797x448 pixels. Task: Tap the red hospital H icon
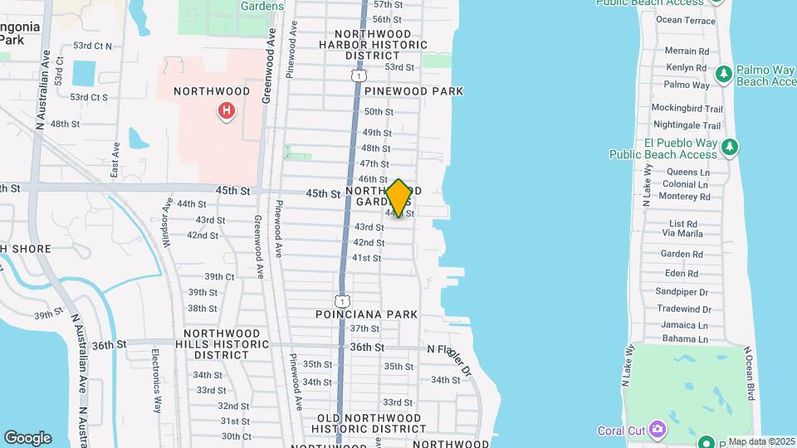pos(225,110)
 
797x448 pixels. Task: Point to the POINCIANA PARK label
pos(367,314)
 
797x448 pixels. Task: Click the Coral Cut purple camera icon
pos(658,430)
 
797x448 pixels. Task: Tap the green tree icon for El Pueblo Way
pos(730,147)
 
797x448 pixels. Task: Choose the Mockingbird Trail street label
pos(687,109)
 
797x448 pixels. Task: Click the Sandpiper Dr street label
pos(682,292)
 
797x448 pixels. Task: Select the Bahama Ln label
pos(685,338)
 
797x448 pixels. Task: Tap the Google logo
pos(27,438)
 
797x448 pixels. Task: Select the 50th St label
pos(378,112)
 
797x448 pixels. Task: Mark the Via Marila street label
pos(682,234)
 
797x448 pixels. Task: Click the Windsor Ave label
pos(169,215)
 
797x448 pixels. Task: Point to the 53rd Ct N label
pos(92,46)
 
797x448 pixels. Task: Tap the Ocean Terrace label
pos(685,20)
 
